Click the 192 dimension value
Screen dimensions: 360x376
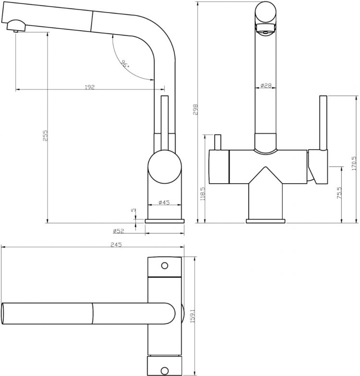pyautogui.click(x=89, y=87)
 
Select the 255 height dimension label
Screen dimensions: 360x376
pyautogui.click(x=45, y=135)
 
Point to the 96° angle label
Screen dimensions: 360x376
pyautogui.click(x=125, y=64)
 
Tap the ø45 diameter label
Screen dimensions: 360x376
pyautogui.click(x=164, y=202)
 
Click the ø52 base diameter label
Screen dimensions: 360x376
pyautogui.click(x=119, y=231)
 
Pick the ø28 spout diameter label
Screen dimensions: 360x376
pyautogui.click(x=265, y=85)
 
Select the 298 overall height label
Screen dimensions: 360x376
pyautogui.click(x=195, y=109)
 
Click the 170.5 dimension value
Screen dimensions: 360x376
pyautogui.click(x=354, y=164)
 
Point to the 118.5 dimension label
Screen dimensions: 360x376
pyautogui.click(x=203, y=194)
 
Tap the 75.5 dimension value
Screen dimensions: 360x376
pyautogui.click(x=339, y=193)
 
